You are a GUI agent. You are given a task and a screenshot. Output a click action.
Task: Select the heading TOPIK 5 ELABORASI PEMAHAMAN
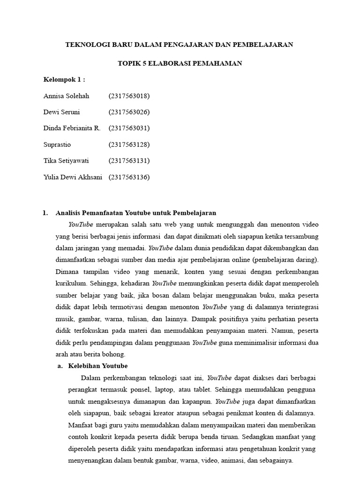coord(180,63)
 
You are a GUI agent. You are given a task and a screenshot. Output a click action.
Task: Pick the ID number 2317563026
coord(129,112)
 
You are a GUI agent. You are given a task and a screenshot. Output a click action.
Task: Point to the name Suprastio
coord(57,144)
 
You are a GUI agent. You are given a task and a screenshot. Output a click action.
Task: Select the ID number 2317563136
coord(129,177)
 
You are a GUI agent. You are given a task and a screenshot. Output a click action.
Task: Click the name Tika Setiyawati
coord(66,161)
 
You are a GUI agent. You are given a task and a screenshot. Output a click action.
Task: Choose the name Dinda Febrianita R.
coord(72,128)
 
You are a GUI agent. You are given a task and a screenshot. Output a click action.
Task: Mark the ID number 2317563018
coord(129,96)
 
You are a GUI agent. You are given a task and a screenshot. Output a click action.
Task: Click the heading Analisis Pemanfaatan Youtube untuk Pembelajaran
coord(136,212)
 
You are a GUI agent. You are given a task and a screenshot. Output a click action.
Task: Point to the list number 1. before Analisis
coord(45,212)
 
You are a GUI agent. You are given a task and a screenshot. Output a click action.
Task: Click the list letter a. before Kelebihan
coord(60,366)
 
